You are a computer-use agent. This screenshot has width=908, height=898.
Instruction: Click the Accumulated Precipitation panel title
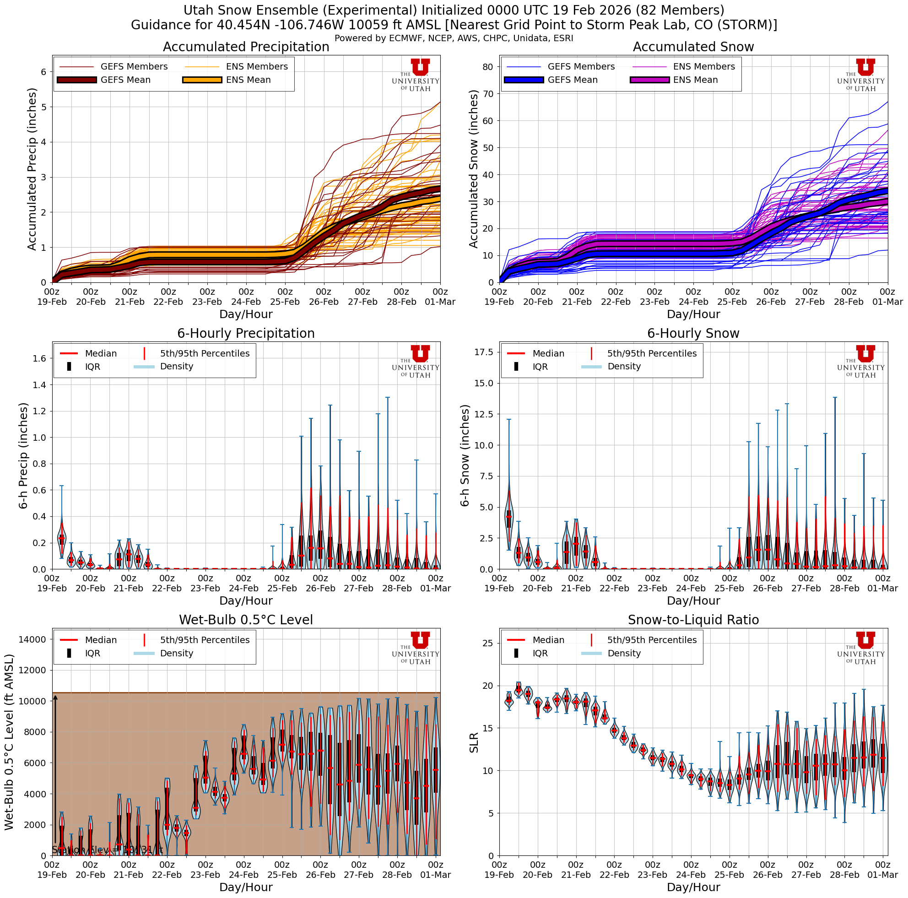click(246, 47)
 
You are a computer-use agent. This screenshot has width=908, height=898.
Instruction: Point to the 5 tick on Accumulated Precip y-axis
click(43, 107)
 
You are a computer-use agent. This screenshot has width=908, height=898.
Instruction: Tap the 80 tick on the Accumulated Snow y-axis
click(487, 67)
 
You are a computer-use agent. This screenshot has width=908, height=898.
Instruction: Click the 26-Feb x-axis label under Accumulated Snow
click(771, 302)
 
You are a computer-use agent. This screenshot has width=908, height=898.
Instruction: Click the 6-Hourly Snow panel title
click(693, 334)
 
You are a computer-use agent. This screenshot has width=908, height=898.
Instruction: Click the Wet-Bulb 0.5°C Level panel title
click(246, 620)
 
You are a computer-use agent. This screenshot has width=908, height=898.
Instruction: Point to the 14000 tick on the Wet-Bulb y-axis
click(32, 639)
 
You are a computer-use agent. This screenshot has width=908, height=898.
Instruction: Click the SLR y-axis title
click(474, 742)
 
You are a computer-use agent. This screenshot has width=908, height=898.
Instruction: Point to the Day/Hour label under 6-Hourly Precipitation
click(246, 600)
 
